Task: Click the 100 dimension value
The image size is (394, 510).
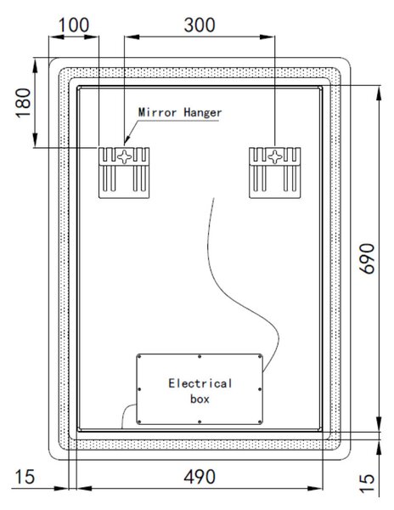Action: coord(73,25)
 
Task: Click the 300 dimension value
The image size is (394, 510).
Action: coord(200,25)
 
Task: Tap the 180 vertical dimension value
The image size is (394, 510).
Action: coord(24,103)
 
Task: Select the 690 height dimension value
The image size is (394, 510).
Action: coord(368,258)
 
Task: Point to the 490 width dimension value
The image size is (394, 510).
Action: coord(200,477)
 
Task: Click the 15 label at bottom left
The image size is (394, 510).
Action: coord(25,477)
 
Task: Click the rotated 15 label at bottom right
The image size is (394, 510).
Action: coord(368,484)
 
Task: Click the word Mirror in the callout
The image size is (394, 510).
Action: coord(158,112)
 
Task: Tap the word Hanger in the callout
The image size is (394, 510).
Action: coord(203,113)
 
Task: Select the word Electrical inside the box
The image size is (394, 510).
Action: coord(200,383)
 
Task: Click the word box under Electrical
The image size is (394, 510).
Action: coord(200,399)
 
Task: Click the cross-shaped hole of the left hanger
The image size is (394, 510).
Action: coord(125,156)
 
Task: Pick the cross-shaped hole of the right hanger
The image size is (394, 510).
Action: coord(275,156)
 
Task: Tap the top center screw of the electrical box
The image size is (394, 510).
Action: coord(200,357)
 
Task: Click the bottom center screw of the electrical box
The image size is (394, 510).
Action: coord(200,422)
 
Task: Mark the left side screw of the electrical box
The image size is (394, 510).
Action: coord(139,389)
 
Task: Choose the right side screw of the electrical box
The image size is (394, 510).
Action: coord(260,389)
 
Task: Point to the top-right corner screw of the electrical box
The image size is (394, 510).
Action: coord(260,357)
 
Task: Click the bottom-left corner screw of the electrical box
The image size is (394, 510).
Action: coord(139,422)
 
